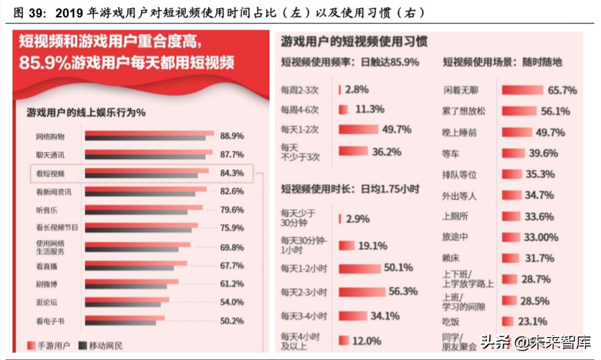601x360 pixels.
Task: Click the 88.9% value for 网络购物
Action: [231, 135]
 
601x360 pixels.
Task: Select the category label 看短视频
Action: [50, 173]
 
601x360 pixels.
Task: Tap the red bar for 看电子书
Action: [124, 318]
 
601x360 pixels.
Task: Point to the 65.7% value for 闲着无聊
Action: [562, 90]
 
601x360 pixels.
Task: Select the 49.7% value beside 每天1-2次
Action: [396, 129]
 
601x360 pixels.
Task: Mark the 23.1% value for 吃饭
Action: [533, 321]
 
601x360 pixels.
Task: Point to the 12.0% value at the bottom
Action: [366, 340]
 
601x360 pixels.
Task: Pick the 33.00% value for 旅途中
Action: [541, 237]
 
